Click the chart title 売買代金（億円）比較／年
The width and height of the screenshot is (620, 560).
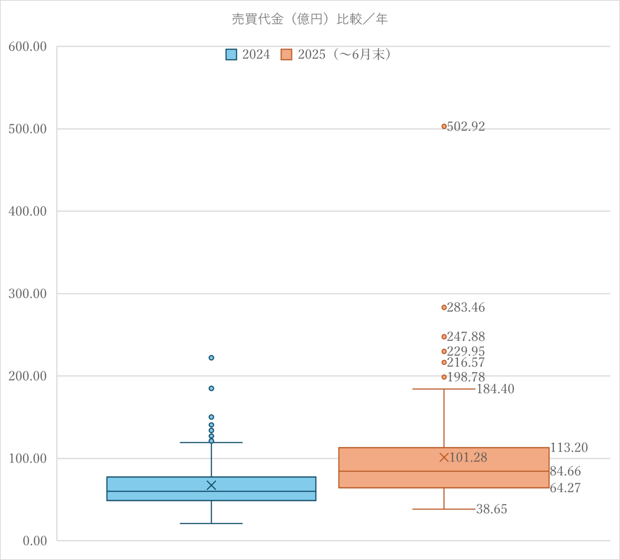(310, 19)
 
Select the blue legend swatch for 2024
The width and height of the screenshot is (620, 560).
(231, 54)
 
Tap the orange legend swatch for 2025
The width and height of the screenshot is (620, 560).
(286, 54)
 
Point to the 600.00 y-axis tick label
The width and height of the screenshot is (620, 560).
(28, 47)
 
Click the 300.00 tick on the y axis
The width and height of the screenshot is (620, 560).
(28, 294)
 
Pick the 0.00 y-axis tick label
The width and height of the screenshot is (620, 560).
(35, 541)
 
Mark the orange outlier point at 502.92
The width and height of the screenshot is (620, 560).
(444, 126)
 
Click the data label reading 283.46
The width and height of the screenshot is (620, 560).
(465, 308)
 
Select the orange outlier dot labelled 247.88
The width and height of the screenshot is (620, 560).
(444, 337)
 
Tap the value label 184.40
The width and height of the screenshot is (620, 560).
(495, 389)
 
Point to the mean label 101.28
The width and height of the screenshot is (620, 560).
(468, 457)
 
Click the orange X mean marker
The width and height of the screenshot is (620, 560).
(444, 457)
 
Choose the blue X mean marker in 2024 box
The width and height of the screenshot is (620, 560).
(211, 485)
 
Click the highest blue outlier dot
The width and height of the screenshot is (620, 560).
(211, 358)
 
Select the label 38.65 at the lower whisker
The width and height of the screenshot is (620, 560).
(491, 509)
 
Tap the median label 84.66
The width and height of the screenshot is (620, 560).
(565, 471)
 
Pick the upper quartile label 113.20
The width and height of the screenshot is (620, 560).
(569, 448)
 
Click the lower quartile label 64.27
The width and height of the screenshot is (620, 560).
(565, 488)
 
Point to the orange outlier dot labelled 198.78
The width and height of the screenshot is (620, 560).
(444, 377)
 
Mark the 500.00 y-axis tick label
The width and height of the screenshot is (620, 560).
(28, 129)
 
